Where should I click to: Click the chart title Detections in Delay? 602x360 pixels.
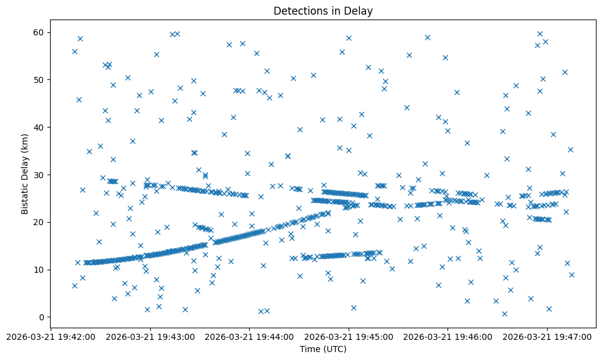pyautogui.click(x=323, y=11)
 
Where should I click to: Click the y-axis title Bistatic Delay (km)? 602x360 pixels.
pyautogui.click(x=25, y=174)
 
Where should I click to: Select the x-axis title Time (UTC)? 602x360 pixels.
pyautogui.click(x=323, y=349)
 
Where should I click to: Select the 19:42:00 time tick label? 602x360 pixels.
pyautogui.click(x=51, y=336)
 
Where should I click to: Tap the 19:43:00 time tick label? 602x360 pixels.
pyautogui.click(x=150, y=336)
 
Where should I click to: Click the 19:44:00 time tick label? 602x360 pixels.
pyautogui.click(x=249, y=336)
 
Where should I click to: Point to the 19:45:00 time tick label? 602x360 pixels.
pyautogui.click(x=349, y=336)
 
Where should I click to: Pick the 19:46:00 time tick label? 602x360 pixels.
pyautogui.click(x=448, y=336)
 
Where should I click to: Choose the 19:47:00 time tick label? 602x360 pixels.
pyautogui.click(x=547, y=336)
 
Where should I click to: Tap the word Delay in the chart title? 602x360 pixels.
pyautogui.click(x=360, y=11)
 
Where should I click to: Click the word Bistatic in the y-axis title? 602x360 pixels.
pyautogui.click(x=25, y=196)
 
